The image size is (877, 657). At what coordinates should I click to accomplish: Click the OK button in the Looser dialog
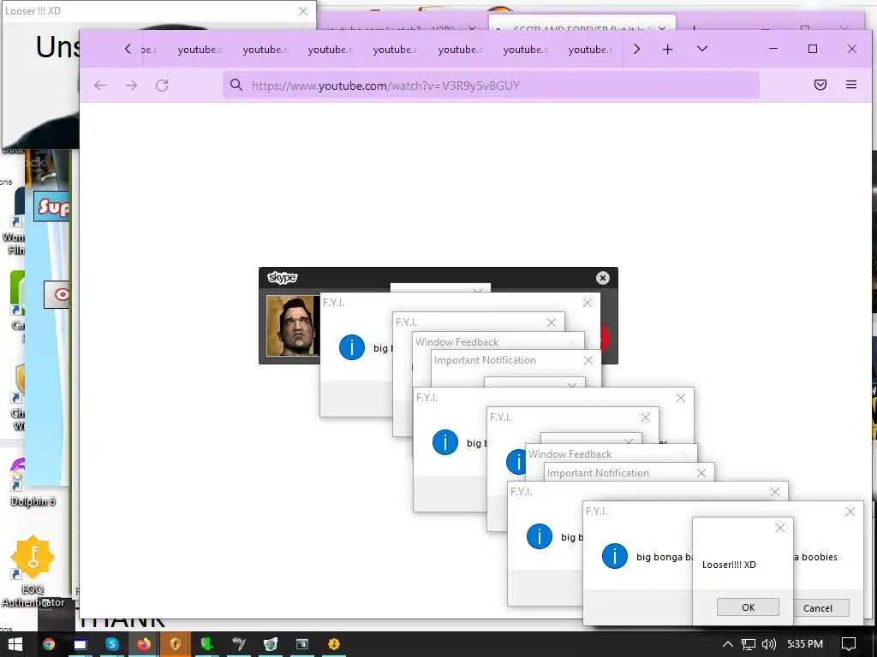748,607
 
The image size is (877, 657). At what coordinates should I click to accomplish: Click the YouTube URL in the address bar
385,86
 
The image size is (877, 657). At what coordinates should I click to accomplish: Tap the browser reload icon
162,86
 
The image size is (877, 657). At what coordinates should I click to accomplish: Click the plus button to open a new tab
667,50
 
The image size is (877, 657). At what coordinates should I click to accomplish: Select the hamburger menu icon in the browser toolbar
850,86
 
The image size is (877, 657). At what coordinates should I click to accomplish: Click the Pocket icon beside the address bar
820,86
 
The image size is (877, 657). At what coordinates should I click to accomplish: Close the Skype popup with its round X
602,278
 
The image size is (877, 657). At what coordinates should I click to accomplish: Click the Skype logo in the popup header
282,278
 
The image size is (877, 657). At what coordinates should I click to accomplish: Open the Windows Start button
15,644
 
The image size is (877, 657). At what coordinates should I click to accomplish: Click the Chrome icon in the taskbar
49,644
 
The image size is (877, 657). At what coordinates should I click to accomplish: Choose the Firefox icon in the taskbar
143,644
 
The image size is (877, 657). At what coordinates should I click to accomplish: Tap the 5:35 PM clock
804,644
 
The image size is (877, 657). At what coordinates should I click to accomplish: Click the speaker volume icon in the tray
768,644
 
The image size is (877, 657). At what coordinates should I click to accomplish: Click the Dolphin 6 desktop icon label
33,502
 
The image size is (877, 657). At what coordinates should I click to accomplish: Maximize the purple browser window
813,50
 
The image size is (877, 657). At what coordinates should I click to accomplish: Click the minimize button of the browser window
773,50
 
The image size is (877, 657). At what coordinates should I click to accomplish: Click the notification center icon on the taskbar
849,644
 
